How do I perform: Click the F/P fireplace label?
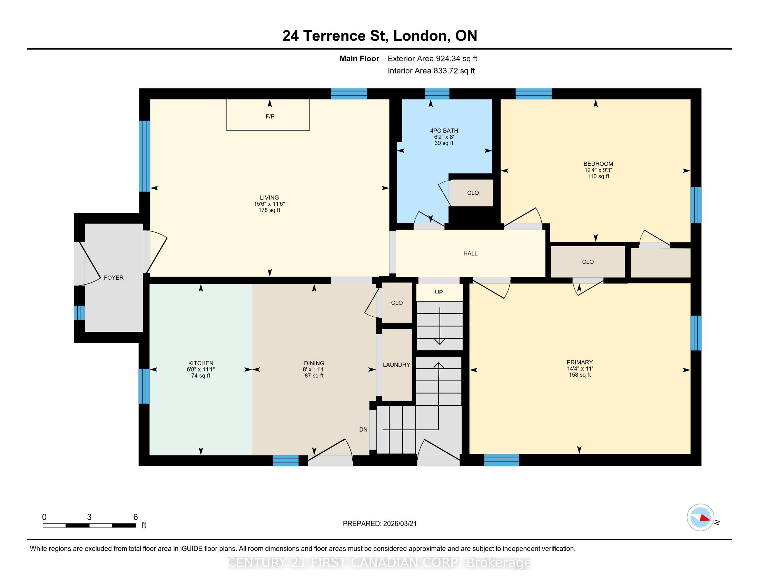click(270, 116)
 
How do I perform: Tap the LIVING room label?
click(269, 198)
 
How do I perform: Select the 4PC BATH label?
click(444, 131)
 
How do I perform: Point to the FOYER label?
click(114, 278)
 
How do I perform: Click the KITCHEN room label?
click(201, 363)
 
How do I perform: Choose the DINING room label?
click(314, 363)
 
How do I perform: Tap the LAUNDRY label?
click(396, 365)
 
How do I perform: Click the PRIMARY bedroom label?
click(580, 362)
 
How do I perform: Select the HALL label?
click(471, 253)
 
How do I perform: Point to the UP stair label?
click(439, 292)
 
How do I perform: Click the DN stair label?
click(363, 430)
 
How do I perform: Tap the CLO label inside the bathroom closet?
click(473, 193)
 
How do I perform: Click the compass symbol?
click(701, 517)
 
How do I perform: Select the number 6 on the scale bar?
click(136, 517)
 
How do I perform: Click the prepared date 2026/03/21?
click(400, 523)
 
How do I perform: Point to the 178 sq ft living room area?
click(269, 210)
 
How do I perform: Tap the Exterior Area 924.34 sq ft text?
click(433, 58)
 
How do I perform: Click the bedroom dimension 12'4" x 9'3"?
click(599, 170)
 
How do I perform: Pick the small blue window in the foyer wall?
click(79, 312)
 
